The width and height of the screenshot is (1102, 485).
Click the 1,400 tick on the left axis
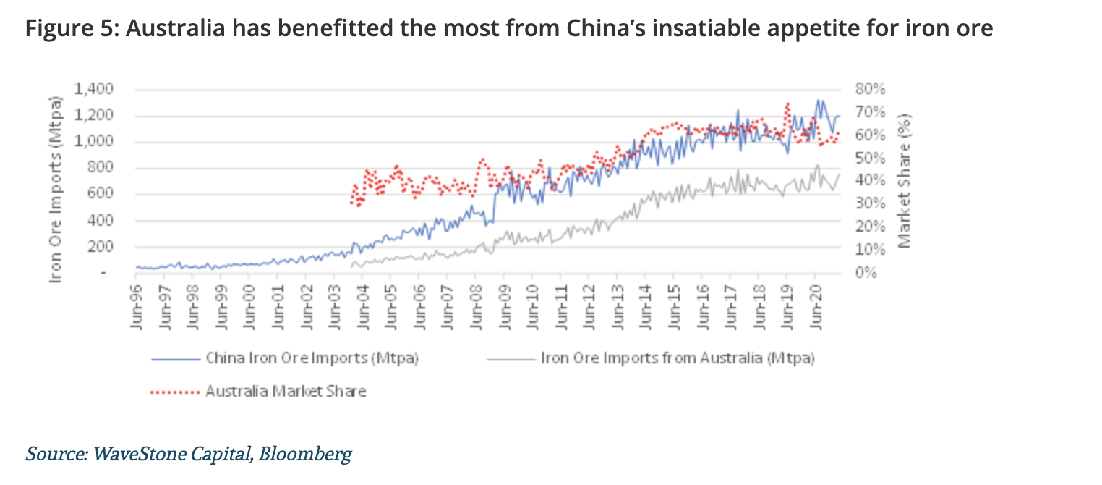(95, 89)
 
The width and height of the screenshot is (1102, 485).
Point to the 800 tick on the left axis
(101, 168)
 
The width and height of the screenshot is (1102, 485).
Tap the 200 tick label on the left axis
(101, 247)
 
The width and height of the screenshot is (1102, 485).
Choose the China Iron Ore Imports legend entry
(312, 358)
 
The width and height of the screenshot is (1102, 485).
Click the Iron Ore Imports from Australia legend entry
(677, 358)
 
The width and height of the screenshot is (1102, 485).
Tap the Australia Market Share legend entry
(286, 392)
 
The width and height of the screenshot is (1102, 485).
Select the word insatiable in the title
(741, 29)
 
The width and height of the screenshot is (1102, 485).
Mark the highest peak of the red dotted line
(787, 104)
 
